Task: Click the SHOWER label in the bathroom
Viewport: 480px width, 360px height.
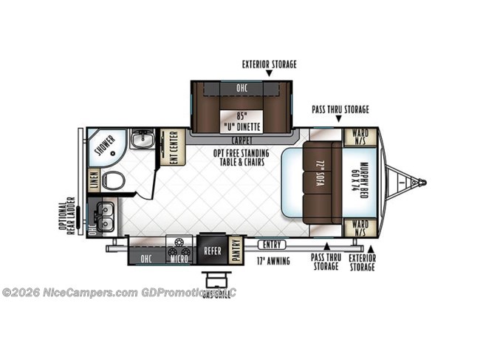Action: tap(104, 146)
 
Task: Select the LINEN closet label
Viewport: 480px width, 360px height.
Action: tap(93, 180)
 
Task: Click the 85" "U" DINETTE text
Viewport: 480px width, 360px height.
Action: tap(240, 121)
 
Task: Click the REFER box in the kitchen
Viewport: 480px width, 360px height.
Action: tap(213, 251)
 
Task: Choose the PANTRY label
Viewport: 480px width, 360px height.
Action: tap(236, 250)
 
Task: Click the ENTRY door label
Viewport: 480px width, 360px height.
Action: tap(271, 245)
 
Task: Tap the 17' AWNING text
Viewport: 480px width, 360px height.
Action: tap(273, 261)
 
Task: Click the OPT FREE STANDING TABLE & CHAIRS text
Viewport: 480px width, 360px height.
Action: tap(241, 157)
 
